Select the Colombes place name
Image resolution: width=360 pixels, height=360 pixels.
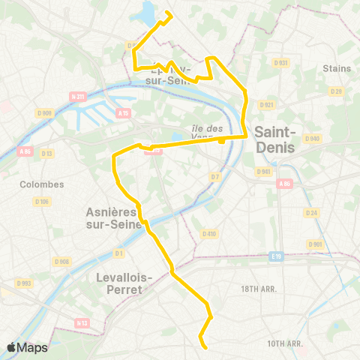click(42, 184)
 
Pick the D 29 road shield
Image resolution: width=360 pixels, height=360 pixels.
click(337, 91)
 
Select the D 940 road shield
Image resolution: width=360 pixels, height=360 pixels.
click(312, 138)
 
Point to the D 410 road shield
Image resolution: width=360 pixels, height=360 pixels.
click(209, 234)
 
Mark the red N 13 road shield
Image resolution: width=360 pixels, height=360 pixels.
click(82, 323)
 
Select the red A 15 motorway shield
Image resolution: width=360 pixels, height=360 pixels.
click(124, 113)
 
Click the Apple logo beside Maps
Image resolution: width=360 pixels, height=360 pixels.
click(12, 347)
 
